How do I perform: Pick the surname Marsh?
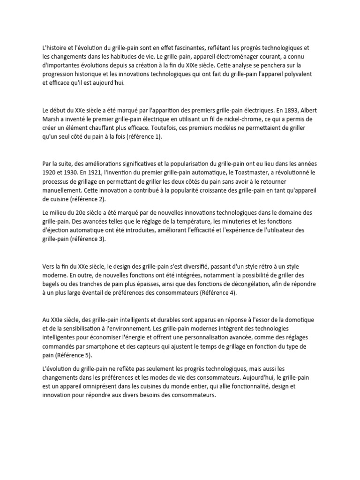[52, 119]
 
